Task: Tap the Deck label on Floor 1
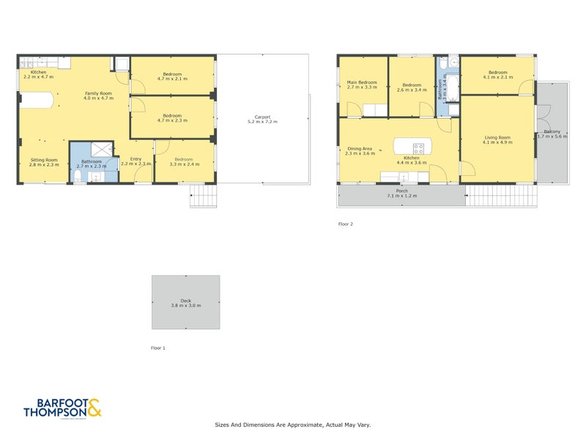pos(185,300)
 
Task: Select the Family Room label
pos(98,93)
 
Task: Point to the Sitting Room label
pos(44,160)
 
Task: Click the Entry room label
pos(136,159)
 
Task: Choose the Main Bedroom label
pos(361,82)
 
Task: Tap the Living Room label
pos(498,137)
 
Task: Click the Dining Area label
pos(360,149)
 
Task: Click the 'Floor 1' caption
pos(157,348)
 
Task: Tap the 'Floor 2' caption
pos(346,224)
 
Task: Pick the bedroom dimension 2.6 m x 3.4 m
pos(411,90)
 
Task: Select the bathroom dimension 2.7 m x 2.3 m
pos(92,166)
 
